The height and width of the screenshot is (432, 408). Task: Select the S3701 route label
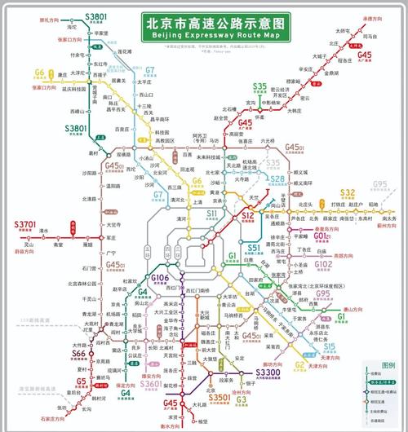(25, 224)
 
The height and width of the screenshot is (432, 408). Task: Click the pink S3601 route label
(151, 383)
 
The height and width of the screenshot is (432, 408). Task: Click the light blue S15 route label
(329, 346)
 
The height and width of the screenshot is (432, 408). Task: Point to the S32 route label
(348, 192)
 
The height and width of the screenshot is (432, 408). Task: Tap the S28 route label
(278, 179)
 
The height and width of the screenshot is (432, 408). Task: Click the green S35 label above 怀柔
(259, 86)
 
